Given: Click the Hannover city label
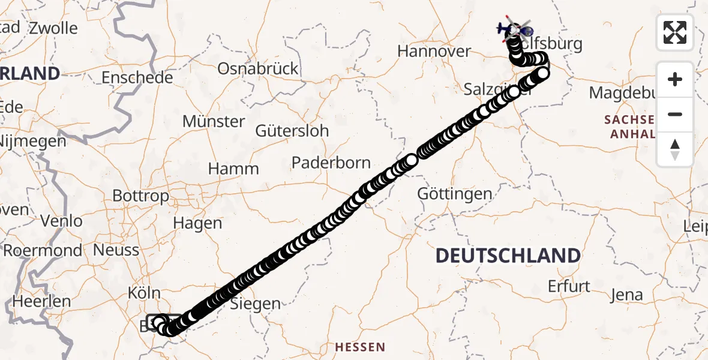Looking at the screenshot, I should (x=434, y=51).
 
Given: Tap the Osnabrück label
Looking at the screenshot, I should (x=257, y=68).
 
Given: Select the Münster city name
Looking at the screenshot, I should (x=214, y=121).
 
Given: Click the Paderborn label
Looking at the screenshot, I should (x=331, y=163).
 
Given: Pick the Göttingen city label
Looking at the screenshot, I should (x=455, y=194).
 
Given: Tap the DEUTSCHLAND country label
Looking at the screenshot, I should (x=507, y=256).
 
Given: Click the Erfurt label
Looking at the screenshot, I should (x=569, y=286).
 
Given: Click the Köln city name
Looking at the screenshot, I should (x=144, y=293).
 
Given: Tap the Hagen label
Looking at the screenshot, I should (x=197, y=223).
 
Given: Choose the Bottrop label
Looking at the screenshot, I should (x=140, y=196).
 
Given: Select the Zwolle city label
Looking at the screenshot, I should (x=53, y=28).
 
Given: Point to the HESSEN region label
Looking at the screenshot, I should (x=359, y=347).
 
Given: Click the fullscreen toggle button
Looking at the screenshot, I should (x=675, y=32).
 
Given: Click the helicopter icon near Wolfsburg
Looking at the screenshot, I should (x=515, y=28).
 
